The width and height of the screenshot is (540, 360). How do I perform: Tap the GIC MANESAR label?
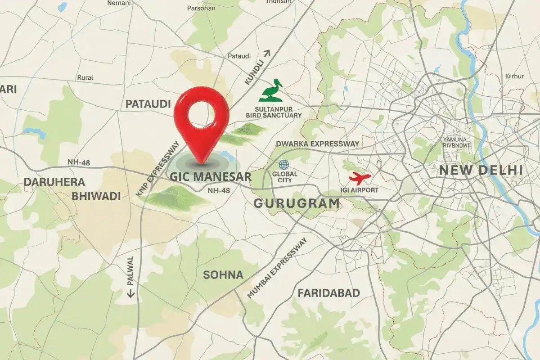[210, 176]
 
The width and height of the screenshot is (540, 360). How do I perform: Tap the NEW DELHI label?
[481, 171]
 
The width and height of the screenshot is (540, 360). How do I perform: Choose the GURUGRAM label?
[297, 203]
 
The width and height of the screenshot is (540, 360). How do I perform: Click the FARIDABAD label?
[328, 293]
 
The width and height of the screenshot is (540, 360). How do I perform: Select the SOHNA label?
[223, 275]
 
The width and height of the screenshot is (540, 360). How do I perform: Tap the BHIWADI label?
[96, 196]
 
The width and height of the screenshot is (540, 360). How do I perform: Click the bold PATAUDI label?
[148, 104]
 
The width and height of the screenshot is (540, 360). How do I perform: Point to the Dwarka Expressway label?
[317, 144]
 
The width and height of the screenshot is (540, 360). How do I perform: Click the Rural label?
[85, 77]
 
